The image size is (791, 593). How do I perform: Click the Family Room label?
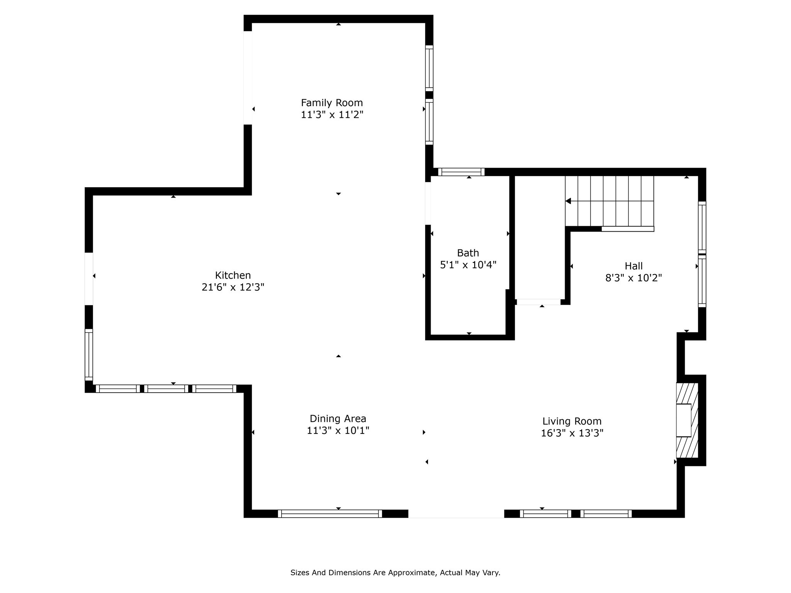(332, 103)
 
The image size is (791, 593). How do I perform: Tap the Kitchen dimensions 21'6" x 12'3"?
(233, 287)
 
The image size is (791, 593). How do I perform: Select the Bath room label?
(468, 253)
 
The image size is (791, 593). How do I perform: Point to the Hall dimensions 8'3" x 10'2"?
(633, 278)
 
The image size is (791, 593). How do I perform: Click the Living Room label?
(572, 421)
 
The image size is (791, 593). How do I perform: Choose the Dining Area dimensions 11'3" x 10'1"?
(338, 430)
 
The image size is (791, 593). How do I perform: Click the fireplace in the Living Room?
(687, 420)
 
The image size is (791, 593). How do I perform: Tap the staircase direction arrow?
(569, 201)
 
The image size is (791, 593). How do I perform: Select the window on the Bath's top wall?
(461, 172)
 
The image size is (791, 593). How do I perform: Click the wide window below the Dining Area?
(330, 513)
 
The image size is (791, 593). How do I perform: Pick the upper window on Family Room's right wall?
(429, 68)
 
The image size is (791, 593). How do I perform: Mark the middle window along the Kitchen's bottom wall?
(166, 389)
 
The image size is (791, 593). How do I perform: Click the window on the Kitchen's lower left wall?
(89, 354)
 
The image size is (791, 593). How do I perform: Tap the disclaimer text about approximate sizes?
(395, 573)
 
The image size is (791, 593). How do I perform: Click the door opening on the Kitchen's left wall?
(89, 279)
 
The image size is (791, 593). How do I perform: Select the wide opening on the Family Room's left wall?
(248, 78)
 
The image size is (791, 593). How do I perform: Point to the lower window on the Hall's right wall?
(702, 281)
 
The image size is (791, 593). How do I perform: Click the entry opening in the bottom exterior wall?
(456, 513)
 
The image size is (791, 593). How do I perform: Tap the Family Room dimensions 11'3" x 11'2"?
(332, 115)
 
